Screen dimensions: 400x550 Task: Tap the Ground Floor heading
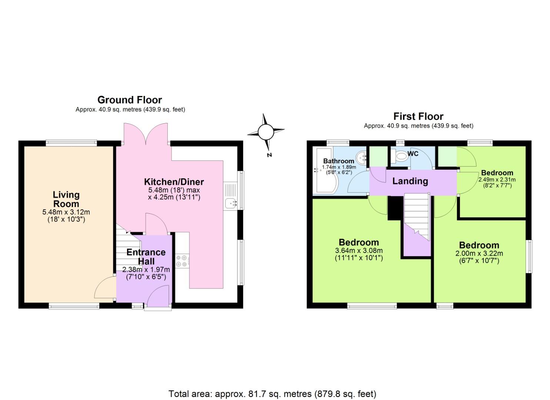130,100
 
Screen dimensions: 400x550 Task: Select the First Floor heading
418,116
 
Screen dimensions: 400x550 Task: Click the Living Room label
66,199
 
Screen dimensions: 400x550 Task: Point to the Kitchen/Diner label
174,182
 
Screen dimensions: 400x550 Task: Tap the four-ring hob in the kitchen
181,261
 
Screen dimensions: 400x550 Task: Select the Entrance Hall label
146,256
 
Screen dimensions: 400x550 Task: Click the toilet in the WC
400,156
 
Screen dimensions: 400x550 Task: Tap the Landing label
410,181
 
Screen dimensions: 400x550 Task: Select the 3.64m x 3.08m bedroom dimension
359,251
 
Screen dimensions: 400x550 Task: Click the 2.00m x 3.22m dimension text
479,254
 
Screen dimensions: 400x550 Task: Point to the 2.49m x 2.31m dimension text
497,180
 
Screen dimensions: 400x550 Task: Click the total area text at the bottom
272,394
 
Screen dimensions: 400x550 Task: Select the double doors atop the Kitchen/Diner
146,136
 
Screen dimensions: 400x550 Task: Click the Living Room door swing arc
105,287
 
